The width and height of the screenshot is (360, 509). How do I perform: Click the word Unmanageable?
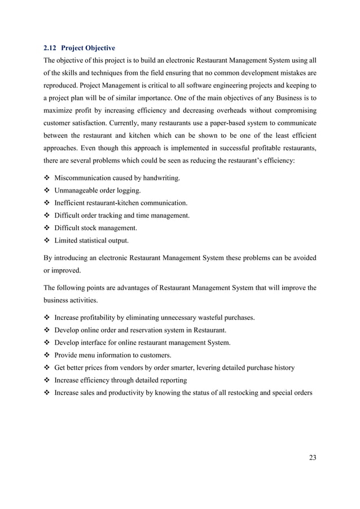(77, 191)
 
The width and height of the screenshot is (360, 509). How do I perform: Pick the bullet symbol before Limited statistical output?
(47, 241)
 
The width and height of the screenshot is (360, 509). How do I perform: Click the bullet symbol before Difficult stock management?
(47, 229)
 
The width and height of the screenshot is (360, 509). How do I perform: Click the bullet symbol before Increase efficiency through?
(47, 380)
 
